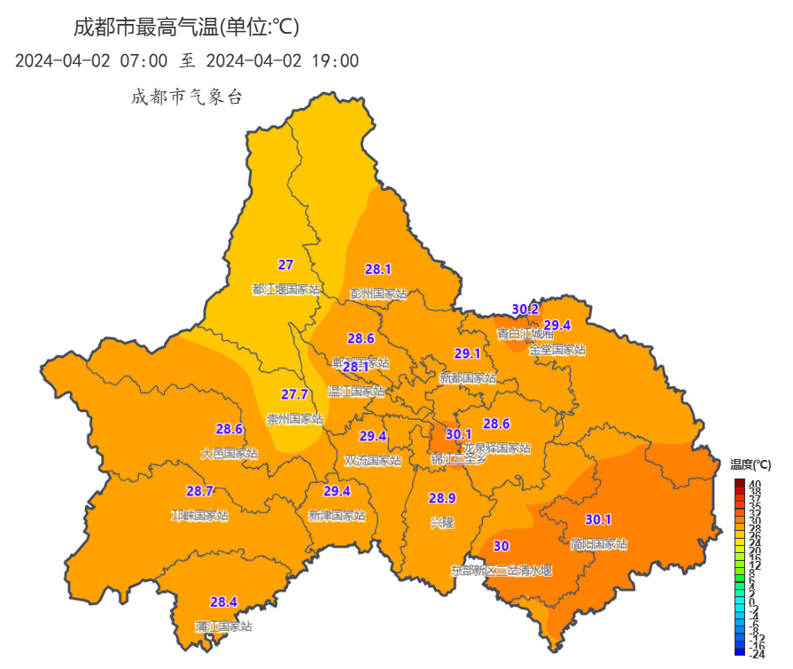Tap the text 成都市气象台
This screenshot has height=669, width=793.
[x=186, y=97]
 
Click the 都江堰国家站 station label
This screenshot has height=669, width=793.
[x=286, y=289]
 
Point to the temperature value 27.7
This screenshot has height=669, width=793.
[x=295, y=394]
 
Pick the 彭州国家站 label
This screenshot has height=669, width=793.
[x=378, y=293]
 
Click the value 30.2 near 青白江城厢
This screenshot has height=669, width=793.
[x=525, y=309]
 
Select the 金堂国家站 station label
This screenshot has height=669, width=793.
[x=557, y=350]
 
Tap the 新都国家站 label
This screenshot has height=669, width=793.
[x=468, y=378]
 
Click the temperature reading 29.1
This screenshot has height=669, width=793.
[x=467, y=354]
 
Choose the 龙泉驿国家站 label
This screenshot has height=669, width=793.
[x=497, y=448]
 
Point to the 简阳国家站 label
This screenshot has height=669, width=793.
[x=598, y=544]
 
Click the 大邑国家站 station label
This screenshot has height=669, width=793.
[x=229, y=454]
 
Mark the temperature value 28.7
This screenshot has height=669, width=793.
[x=199, y=491]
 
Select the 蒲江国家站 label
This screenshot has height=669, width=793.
[x=223, y=626]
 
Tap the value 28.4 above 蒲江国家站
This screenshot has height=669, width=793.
[x=223, y=603]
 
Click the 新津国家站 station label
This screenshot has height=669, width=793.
[x=337, y=516]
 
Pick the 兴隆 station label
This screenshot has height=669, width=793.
[x=442, y=523]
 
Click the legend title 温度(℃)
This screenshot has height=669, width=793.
[x=750, y=464]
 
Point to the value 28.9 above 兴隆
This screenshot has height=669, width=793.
[x=442, y=498]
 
